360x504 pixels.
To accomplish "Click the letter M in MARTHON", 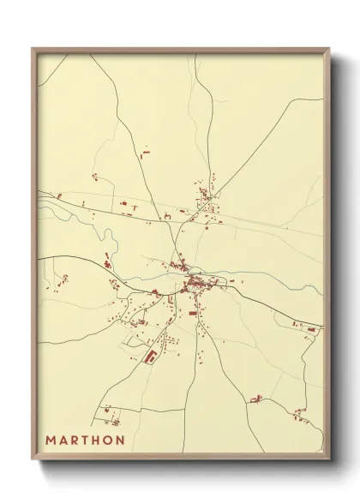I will [x=53, y=440].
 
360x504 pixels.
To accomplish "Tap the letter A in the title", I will [x=66, y=440].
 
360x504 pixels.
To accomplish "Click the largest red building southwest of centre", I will [x=152, y=354].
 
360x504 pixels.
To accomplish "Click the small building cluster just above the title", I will [x=110, y=418].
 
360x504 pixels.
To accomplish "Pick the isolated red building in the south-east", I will [x=255, y=398].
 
